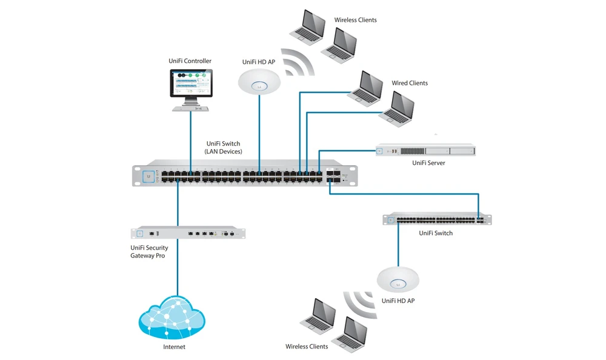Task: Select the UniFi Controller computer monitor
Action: pos(190,84)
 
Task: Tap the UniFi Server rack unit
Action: pos(425,150)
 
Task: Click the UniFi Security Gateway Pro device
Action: pos(188,233)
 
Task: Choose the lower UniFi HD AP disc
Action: pos(398,279)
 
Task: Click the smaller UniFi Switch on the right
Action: pos(436,219)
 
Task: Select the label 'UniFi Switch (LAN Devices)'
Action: pos(224,147)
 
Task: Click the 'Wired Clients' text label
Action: pos(409,83)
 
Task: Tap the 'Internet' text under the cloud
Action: pos(174,347)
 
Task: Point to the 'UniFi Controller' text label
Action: pos(190,61)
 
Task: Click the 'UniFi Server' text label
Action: pos(428,163)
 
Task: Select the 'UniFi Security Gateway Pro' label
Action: pos(149,252)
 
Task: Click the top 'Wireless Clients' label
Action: pos(355,20)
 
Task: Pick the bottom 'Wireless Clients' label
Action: pos(307,347)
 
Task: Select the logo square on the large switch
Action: pos(147,176)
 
